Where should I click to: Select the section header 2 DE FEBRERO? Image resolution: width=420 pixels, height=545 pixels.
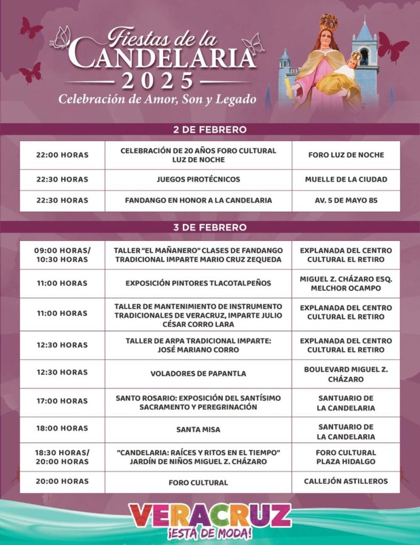(209, 129)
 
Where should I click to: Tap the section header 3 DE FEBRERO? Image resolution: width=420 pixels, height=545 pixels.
(209, 227)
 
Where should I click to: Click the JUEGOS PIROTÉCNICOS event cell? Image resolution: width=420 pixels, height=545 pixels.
(198, 179)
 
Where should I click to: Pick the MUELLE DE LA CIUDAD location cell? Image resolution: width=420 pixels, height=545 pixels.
(346, 179)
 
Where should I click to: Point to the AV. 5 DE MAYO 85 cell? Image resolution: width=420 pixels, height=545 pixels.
(346, 201)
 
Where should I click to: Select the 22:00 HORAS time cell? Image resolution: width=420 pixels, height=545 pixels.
(62, 155)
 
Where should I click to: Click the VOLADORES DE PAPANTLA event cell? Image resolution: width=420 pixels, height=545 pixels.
(198, 374)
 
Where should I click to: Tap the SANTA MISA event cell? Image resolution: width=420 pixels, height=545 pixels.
(198, 429)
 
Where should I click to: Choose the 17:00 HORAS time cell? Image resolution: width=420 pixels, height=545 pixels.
(62, 401)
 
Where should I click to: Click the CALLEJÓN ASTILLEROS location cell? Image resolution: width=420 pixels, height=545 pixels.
(346, 482)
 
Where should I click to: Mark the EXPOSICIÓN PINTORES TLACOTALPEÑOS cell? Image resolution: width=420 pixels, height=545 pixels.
(198, 283)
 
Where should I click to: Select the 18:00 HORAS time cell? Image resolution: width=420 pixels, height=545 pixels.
(62, 428)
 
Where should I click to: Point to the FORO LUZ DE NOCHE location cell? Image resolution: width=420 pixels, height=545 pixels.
(346, 155)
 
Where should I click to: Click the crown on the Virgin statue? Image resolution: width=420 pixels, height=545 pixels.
(328, 22)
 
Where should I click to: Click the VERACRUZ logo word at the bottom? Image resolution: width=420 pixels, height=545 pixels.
(210, 515)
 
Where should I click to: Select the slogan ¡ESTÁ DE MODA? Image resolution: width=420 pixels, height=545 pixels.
(210, 534)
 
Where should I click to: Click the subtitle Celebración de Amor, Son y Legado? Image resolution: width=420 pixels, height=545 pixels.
(157, 99)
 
